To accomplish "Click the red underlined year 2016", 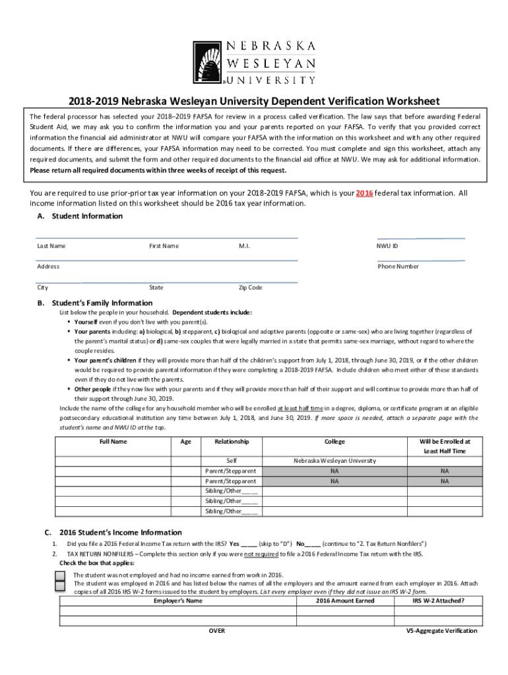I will (x=365, y=193).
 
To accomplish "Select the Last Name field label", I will (x=51, y=246).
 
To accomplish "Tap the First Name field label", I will (x=164, y=246).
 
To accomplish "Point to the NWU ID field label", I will (x=387, y=246).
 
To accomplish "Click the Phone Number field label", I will (x=398, y=266).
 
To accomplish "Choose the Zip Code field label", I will (x=250, y=287).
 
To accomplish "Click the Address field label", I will (x=48, y=266).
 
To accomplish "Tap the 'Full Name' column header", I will (x=113, y=442).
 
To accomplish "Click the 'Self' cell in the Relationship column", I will (x=232, y=461).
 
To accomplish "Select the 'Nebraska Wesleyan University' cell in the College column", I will (x=334, y=461).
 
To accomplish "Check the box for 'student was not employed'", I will (x=60, y=575).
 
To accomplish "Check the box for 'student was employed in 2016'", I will (x=60, y=584).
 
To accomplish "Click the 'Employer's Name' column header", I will (x=177, y=601).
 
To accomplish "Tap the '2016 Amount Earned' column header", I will (x=345, y=601).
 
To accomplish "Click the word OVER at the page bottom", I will (x=216, y=631).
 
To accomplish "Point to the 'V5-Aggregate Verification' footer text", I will (x=441, y=631).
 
